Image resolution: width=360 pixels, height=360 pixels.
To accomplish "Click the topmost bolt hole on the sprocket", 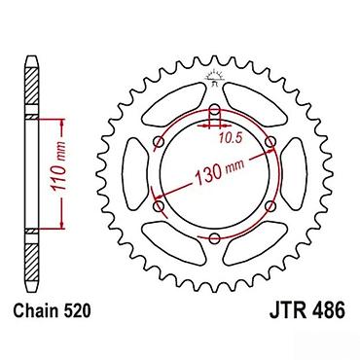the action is point(214,110).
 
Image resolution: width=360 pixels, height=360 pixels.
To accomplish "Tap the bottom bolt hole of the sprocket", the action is point(214,239).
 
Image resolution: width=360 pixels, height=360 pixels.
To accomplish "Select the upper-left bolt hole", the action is point(159,142).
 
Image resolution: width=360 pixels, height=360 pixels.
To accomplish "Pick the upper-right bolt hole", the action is point(270,142).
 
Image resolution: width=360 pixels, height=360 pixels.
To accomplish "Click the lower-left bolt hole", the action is point(159,206).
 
